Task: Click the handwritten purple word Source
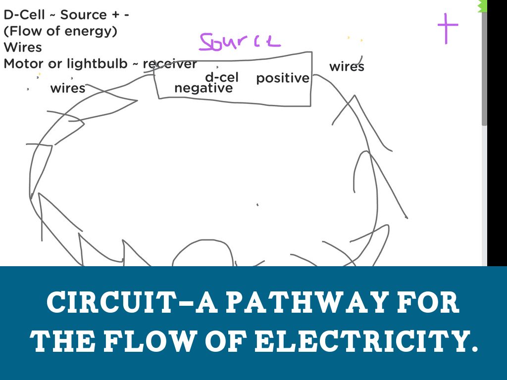point(240,42)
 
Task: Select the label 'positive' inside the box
point(282,78)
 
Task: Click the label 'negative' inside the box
point(203,88)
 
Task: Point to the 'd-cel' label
point(221,77)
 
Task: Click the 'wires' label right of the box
point(347,67)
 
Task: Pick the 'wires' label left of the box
point(68,89)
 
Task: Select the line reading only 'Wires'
point(23,47)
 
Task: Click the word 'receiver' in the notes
point(170,64)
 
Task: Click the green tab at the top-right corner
point(482,5)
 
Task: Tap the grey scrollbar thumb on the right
point(484,69)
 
